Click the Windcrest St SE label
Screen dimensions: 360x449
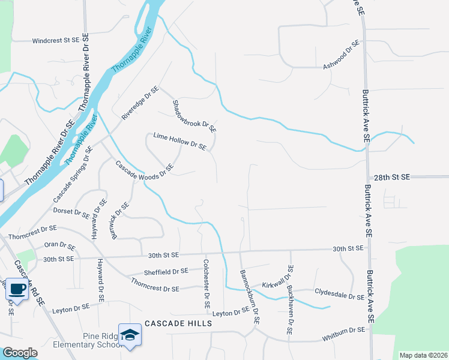(x=55, y=41)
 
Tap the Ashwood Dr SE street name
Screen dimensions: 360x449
(x=341, y=54)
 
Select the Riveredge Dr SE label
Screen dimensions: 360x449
(x=140, y=103)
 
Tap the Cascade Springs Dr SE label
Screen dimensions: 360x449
(x=73, y=174)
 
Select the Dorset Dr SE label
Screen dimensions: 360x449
(x=71, y=212)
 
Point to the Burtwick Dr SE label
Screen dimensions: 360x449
(x=120, y=220)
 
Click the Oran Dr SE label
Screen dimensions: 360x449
(x=59, y=246)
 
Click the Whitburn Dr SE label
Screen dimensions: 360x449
(x=343, y=330)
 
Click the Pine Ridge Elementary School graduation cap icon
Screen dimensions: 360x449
(x=130, y=335)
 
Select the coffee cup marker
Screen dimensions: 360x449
(x=17, y=290)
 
